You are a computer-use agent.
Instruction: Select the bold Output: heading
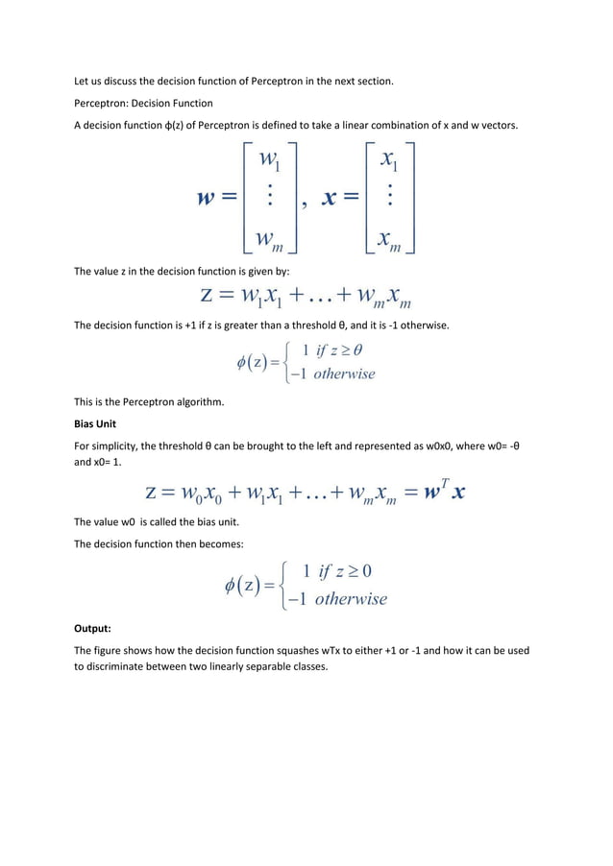tap(94, 630)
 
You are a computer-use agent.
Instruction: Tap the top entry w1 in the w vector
tap(271, 157)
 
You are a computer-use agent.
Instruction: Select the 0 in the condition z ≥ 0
tap(367, 571)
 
